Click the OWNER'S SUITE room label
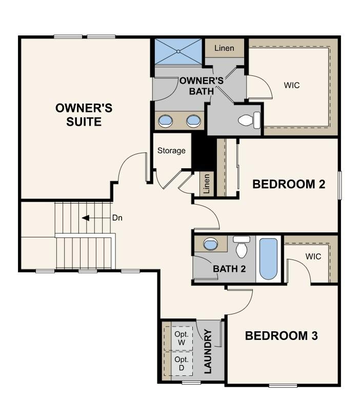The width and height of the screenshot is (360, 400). (x=84, y=115)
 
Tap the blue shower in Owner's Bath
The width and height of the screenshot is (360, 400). (x=179, y=51)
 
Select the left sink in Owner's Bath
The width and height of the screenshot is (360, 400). (x=166, y=121)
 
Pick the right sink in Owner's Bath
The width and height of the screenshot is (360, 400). (x=193, y=121)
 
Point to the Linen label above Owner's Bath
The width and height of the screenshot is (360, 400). (x=225, y=48)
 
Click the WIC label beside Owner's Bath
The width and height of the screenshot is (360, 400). (x=292, y=85)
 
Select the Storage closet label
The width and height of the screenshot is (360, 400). (x=171, y=151)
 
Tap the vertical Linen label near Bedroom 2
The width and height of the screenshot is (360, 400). (x=207, y=183)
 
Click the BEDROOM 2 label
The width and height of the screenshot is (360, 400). (x=289, y=184)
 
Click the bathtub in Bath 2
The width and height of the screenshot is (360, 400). (x=268, y=259)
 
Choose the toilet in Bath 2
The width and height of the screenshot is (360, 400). (x=242, y=248)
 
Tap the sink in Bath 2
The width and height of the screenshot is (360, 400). (x=211, y=244)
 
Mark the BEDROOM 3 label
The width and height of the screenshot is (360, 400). (x=281, y=336)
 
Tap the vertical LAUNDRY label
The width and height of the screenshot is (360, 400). (x=208, y=352)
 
